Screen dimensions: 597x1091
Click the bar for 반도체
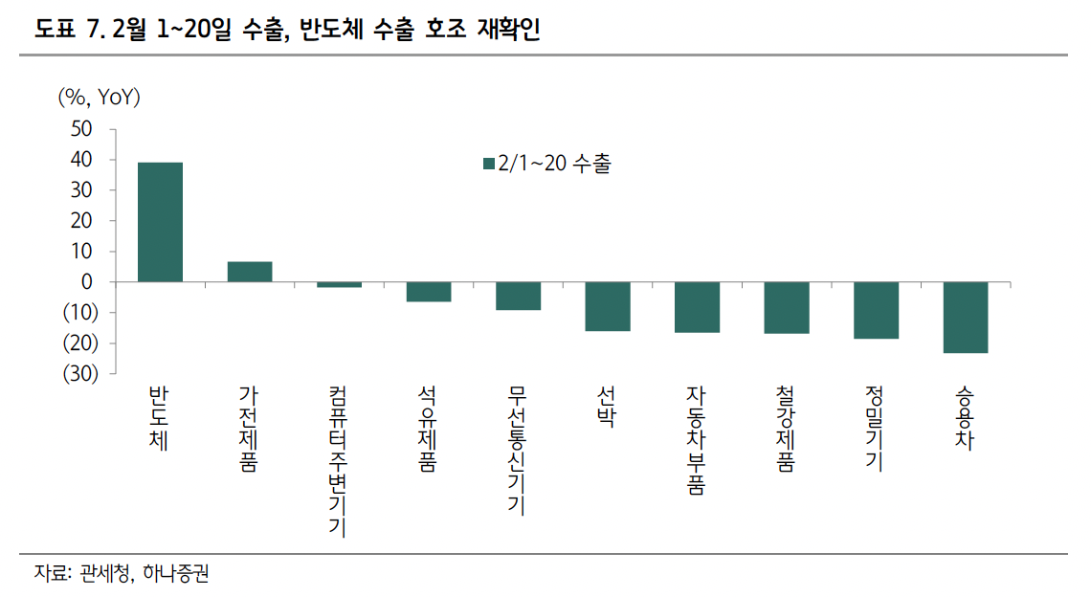point(160,222)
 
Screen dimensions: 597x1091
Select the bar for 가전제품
point(250,272)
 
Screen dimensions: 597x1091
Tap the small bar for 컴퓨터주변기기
point(339,285)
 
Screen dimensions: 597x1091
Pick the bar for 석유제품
point(429,292)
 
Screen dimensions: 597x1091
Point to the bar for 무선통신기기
point(518,296)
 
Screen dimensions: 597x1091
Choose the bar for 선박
point(608,306)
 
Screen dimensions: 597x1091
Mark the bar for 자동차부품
point(697,307)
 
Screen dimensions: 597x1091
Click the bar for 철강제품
point(787,308)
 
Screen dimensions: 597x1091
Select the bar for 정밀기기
point(876,310)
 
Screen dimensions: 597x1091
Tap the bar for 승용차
point(966,318)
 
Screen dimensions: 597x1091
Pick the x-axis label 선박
point(607,408)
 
